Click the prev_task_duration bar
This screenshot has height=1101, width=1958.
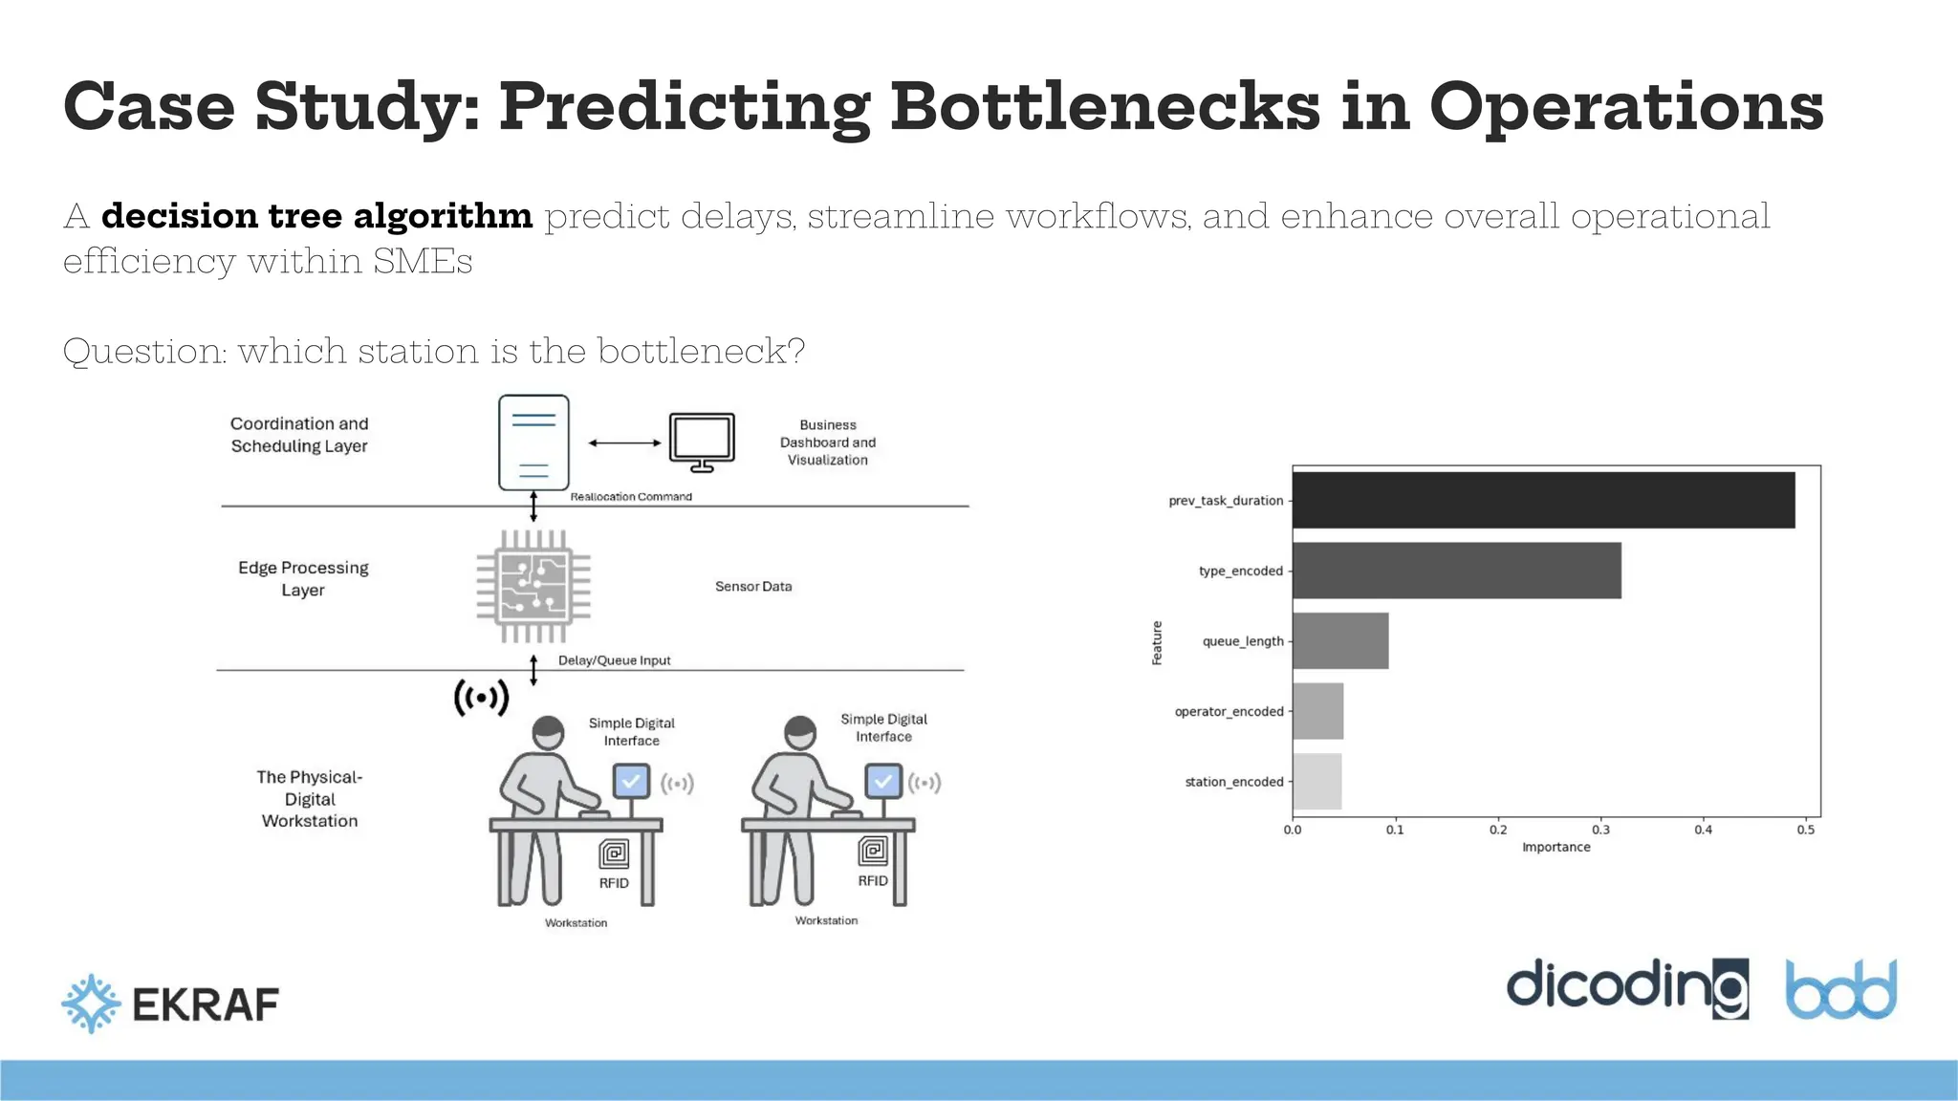coord(1543,500)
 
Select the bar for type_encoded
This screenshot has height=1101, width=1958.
coord(1456,571)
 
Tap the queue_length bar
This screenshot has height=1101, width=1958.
coord(1340,641)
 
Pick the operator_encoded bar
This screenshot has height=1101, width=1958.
coord(1317,711)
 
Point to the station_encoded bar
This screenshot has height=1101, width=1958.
coord(1316,782)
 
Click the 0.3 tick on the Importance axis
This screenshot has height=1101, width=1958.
coord(1600,830)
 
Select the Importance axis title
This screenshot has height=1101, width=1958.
coord(1556,848)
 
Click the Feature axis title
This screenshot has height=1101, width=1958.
coord(1157,642)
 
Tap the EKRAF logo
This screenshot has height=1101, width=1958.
coord(170,1004)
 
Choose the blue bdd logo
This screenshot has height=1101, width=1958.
coord(1840,989)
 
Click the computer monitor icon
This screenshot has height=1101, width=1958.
coord(702,442)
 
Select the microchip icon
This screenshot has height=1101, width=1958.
coord(533,586)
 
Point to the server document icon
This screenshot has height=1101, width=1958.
coord(533,443)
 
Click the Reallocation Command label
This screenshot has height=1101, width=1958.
coord(631,497)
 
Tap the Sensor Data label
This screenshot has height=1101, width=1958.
coord(753,587)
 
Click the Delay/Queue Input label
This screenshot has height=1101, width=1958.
coord(614,660)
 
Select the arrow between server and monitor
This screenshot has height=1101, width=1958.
coord(624,443)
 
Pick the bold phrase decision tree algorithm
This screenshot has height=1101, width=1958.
coord(316,216)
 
